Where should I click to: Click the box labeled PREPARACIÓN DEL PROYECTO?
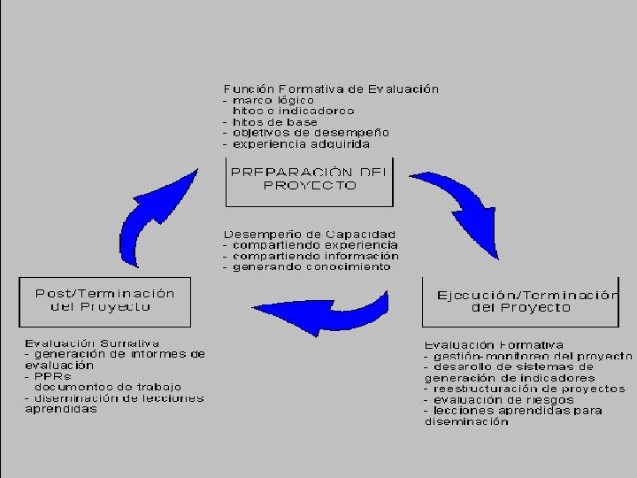[x=310, y=180]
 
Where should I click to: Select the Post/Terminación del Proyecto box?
[x=104, y=300]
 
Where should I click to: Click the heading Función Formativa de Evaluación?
[x=331, y=89]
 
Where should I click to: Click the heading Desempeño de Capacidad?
[x=310, y=234]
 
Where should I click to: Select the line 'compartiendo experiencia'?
[x=314, y=244]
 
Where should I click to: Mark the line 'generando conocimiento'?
[x=311, y=266]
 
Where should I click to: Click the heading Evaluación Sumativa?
[x=92, y=342]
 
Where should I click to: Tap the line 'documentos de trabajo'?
[x=107, y=387]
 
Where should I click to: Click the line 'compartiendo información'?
[x=314, y=256]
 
